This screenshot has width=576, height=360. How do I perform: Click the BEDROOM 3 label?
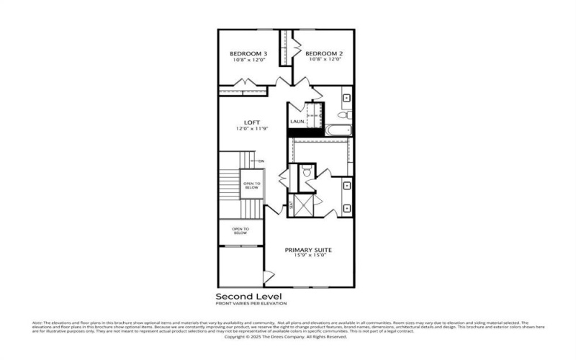pyautogui.click(x=248, y=54)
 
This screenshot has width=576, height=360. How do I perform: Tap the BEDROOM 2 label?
pyautogui.click(x=323, y=54)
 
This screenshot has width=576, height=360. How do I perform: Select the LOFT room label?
pyautogui.click(x=251, y=122)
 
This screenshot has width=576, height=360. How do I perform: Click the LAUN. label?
pyautogui.click(x=297, y=122)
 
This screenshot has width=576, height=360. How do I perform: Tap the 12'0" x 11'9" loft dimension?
pyautogui.click(x=251, y=129)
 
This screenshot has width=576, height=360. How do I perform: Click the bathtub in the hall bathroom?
pyautogui.click(x=338, y=130)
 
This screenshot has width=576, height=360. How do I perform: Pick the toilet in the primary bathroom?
pyautogui.click(x=306, y=171)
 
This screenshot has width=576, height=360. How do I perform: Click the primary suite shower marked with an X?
pyautogui.click(x=302, y=206)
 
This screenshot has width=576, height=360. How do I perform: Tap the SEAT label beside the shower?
pyautogui.click(x=291, y=207)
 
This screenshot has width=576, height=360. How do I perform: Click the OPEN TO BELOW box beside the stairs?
pyautogui.click(x=251, y=186)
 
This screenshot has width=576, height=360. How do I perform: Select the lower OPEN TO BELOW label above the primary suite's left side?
pyautogui.click(x=240, y=232)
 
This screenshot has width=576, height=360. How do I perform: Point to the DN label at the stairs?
pyautogui.click(x=261, y=161)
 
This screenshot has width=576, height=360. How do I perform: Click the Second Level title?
pyautogui.click(x=248, y=296)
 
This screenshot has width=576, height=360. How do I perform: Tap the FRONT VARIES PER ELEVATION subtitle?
pyautogui.click(x=248, y=304)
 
